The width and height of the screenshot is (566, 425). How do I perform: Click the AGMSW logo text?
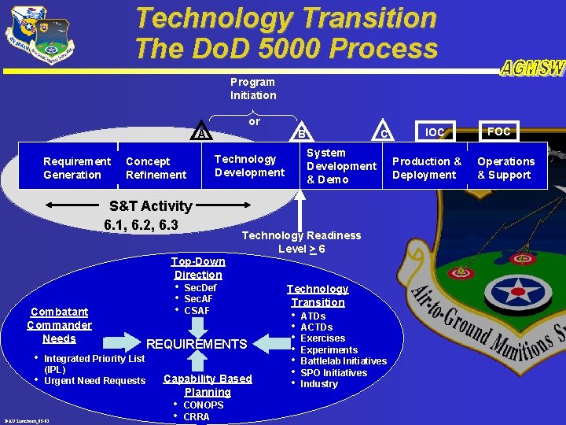(531, 68)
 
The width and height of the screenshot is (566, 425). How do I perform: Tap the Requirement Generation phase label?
(76, 168)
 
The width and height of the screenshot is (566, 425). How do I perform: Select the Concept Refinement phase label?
(156, 168)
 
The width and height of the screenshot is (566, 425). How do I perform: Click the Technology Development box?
(249, 166)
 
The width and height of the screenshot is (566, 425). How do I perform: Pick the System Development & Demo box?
(341, 166)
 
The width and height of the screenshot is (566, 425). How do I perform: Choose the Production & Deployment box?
(427, 168)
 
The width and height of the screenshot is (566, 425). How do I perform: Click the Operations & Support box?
(505, 168)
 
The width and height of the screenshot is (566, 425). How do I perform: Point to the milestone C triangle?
(384, 133)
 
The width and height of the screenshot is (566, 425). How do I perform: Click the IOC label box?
(435, 132)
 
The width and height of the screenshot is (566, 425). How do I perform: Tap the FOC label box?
(498, 131)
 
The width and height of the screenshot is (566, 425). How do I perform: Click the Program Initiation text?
(252, 88)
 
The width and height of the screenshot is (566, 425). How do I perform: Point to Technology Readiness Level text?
(301, 242)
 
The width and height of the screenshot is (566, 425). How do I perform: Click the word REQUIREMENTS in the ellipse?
(197, 344)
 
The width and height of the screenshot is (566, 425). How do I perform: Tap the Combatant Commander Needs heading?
(59, 325)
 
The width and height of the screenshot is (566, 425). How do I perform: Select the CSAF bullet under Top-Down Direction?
(197, 310)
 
